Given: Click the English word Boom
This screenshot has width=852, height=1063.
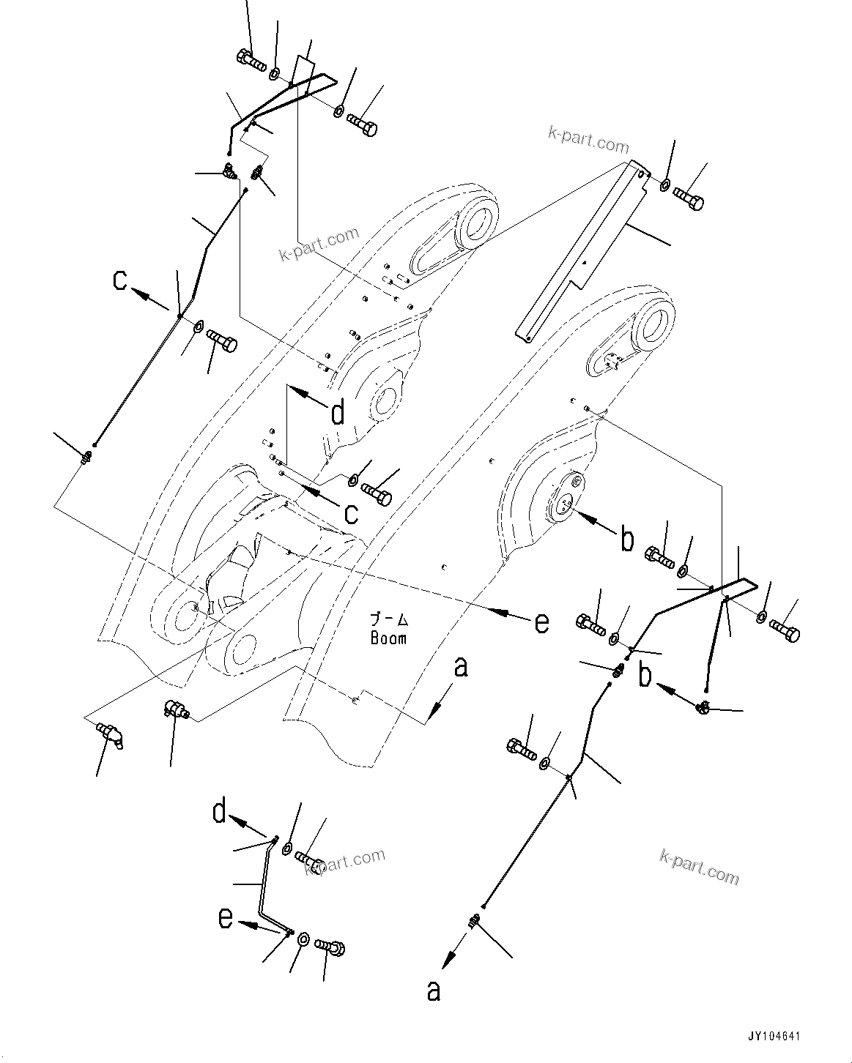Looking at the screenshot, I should tap(388, 638).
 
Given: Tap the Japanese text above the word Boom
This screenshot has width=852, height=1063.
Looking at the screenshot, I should tap(388, 620).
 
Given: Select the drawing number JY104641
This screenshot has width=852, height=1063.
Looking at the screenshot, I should tap(774, 1037).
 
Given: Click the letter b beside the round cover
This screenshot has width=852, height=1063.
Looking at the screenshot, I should tap(627, 540).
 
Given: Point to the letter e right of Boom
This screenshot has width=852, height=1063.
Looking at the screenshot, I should tap(541, 622).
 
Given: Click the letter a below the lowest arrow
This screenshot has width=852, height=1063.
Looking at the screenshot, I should tap(434, 991).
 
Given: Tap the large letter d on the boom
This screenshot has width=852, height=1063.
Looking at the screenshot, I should tap(337, 414).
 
